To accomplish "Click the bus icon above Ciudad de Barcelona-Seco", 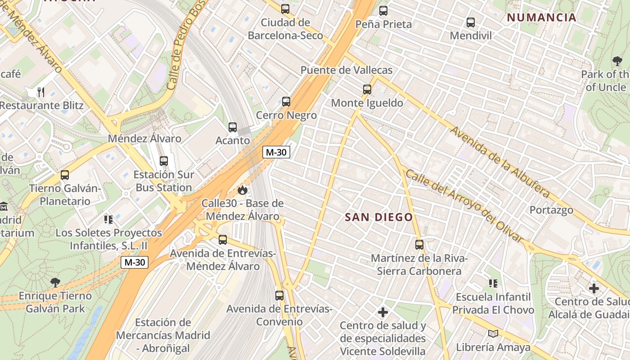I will coord(285,9).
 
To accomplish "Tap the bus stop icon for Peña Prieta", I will coord(383,11).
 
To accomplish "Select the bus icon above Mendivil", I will coord(471,22).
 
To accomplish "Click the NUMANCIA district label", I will coord(541,18).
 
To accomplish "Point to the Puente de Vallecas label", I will coord(346,70).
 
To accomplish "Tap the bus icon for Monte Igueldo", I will coord(367,90).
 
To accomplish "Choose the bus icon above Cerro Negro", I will coord(286,102).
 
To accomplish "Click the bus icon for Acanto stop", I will coord(233,127).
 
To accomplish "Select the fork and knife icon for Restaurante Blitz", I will coord(41,92).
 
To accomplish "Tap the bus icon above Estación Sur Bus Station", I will coord(164,161).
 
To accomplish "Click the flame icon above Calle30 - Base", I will coord(243,190).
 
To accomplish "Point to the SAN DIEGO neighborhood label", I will coord(378,217).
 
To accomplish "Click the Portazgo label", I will coord(551,210).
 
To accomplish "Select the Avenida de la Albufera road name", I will coord(499,162).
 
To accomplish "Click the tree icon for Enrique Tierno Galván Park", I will coord(55,283).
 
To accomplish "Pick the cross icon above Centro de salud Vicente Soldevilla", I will coord(383,312).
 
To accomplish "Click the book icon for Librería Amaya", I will coord(493,333).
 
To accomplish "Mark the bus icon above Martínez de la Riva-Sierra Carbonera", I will coord(419,245).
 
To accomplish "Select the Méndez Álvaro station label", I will coord(144,139).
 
